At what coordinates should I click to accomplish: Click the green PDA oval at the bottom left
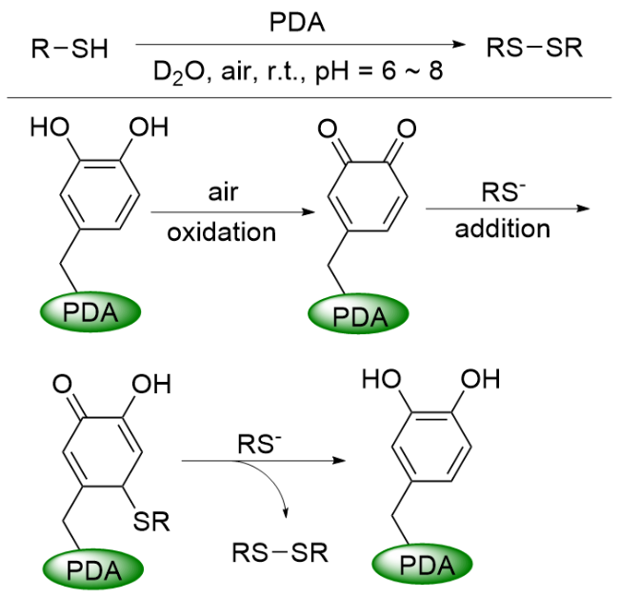tap(90, 570)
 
